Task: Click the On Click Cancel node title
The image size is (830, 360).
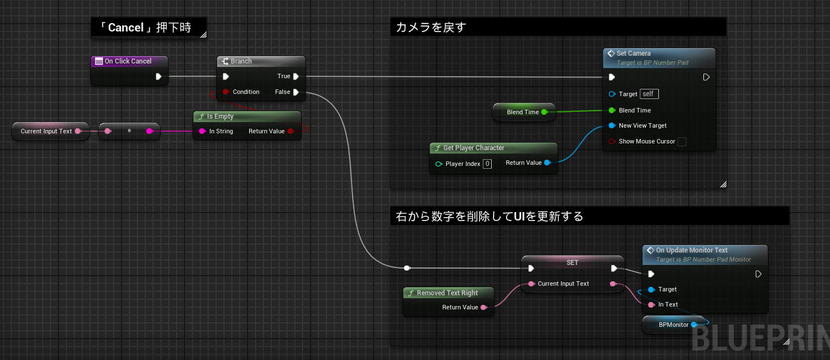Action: (x=128, y=61)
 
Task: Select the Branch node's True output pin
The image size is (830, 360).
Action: (x=296, y=76)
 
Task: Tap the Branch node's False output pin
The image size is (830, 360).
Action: (x=296, y=92)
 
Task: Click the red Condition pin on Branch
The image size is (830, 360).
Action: (x=226, y=92)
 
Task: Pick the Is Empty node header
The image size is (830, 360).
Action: (x=247, y=116)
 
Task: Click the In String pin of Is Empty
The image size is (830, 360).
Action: (x=203, y=131)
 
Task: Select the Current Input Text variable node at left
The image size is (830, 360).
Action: (x=51, y=131)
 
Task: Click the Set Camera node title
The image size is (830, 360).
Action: (x=633, y=53)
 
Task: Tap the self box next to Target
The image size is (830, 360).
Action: (x=649, y=94)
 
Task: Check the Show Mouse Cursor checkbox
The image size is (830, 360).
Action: (x=682, y=142)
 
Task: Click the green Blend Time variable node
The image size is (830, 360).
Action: (x=524, y=112)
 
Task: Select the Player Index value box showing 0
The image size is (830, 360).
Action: (x=487, y=164)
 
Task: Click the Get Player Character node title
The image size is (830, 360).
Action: (x=474, y=148)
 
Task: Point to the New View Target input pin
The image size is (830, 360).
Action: (x=612, y=125)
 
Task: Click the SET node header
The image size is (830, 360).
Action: (x=572, y=262)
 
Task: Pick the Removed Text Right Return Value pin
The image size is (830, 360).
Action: (x=483, y=308)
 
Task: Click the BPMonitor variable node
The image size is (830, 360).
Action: (x=673, y=325)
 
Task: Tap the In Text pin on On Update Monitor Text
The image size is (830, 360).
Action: (x=652, y=305)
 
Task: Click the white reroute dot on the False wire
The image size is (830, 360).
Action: (x=407, y=268)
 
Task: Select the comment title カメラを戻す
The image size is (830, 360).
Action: (x=430, y=27)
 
